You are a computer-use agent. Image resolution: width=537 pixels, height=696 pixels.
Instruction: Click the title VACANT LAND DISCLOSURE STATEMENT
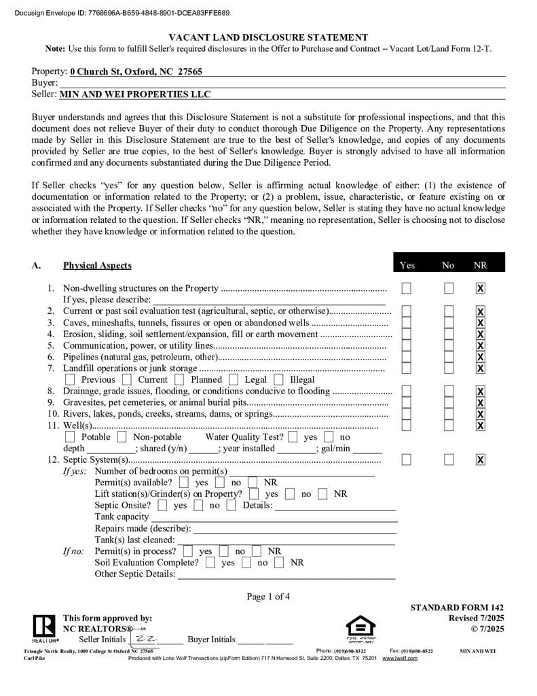click(268, 37)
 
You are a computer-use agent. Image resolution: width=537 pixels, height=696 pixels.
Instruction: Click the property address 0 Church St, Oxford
click(136, 71)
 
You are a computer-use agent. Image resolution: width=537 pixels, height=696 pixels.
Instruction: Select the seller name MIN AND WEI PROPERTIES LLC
click(135, 94)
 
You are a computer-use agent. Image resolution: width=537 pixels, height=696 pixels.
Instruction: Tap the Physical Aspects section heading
click(97, 265)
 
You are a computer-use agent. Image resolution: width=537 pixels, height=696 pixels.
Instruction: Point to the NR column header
click(480, 265)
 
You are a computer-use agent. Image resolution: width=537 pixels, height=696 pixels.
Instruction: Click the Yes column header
click(407, 265)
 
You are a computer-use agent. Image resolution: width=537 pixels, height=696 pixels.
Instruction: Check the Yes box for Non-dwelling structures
click(406, 288)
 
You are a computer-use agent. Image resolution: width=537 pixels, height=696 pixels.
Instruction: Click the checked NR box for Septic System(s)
click(480, 460)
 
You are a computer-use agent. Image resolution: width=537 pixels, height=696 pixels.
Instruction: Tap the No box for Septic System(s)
click(449, 460)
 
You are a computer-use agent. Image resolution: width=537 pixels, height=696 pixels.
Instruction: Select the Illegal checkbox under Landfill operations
click(278, 380)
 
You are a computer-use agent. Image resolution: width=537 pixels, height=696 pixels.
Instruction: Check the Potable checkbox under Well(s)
click(70, 437)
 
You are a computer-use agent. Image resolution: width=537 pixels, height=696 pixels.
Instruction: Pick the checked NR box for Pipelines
click(480, 357)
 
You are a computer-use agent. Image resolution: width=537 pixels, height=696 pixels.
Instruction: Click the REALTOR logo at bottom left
click(44, 628)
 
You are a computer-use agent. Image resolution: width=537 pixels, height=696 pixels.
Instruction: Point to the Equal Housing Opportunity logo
click(360, 628)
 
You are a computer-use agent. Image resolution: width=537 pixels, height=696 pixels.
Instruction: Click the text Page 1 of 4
click(268, 597)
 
